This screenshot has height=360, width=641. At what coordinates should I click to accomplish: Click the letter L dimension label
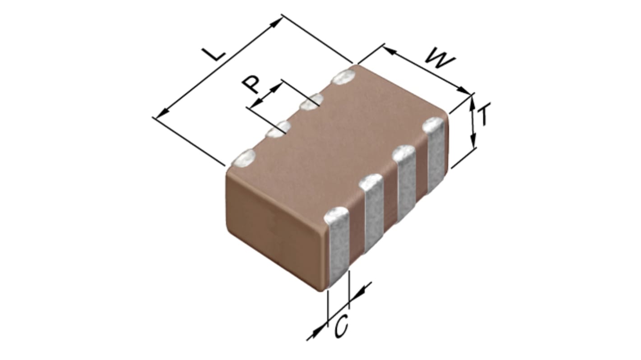(214, 54)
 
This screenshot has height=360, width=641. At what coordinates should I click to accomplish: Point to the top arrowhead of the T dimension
(473, 104)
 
